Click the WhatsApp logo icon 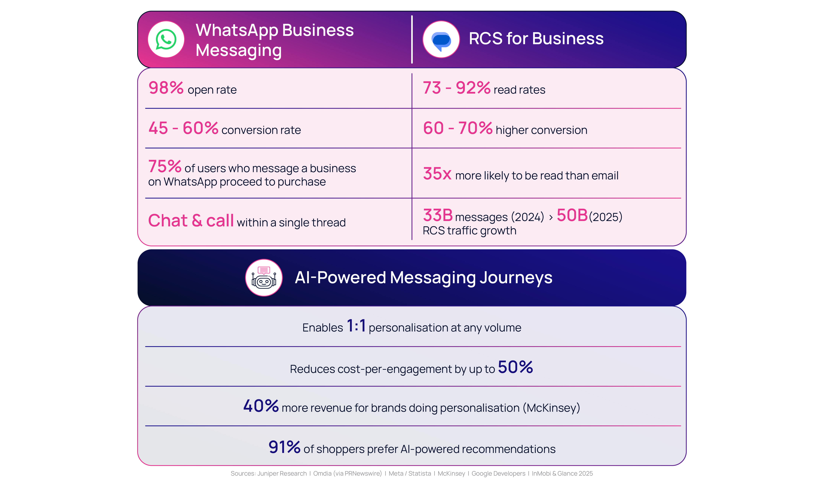[x=166, y=39]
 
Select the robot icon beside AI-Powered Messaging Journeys [x=264, y=278]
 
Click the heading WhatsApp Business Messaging [x=274, y=40]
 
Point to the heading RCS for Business [x=536, y=39]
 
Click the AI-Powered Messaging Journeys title [x=423, y=278]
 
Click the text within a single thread [x=291, y=223]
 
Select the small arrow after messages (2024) [x=551, y=217]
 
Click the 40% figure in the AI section [x=261, y=406]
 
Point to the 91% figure [x=284, y=447]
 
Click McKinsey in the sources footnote [x=451, y=474]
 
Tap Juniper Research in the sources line [x=282, y=474]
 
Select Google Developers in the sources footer [x=498, y=474]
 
